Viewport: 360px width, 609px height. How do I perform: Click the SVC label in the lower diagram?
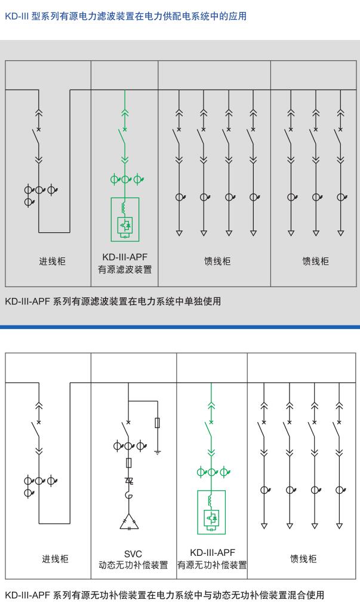[133, 554]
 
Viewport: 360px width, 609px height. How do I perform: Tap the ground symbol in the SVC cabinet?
[157, 452]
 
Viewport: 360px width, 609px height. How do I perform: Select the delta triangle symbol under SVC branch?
[129, 522]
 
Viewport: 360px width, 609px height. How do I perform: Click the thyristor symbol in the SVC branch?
[129, 481]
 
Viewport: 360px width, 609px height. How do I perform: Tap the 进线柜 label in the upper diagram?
[52, 262]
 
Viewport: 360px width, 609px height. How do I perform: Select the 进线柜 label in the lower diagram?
[55, 559]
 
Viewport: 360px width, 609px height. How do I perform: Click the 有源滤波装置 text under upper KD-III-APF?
[125, 269]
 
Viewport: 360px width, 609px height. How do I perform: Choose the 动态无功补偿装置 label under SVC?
[133, 565]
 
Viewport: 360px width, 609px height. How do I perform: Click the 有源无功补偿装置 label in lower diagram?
[212, 565]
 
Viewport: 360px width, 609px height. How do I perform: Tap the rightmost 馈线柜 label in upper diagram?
[315, 262]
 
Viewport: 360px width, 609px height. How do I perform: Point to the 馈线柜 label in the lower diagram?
[303, 559]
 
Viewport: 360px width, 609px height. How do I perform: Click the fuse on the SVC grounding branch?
[157, 423]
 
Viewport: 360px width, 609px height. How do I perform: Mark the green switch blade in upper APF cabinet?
[121, 137]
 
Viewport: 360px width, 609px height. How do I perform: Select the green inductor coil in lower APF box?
[210, 500]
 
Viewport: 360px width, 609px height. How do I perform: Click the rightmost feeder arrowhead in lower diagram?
[340, 526]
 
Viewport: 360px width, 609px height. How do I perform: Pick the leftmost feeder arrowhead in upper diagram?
[179, 233]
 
